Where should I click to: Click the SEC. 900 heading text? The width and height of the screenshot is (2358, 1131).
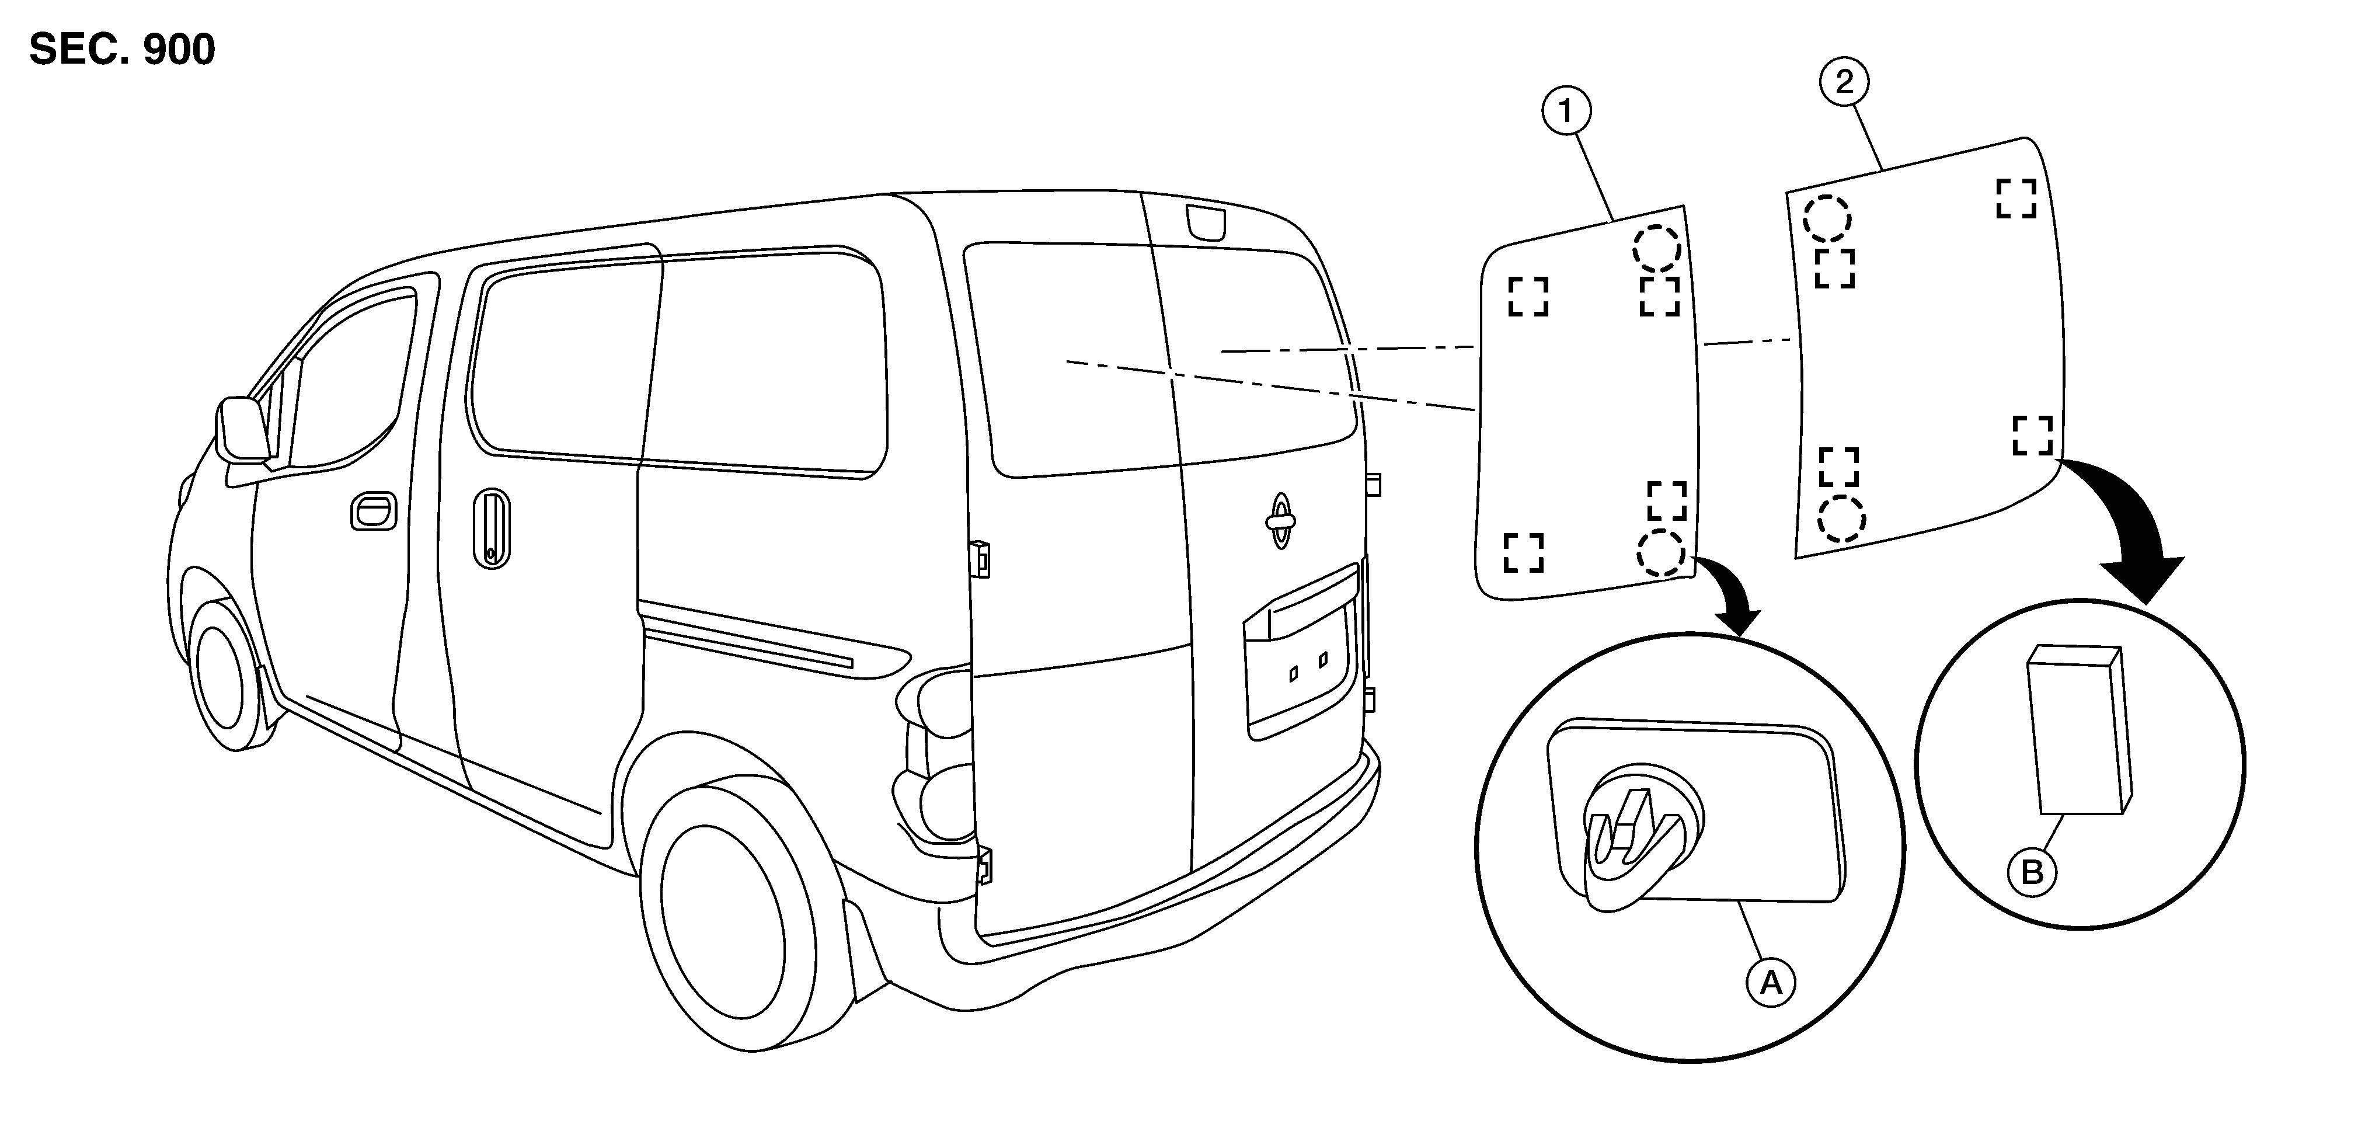point(123,50)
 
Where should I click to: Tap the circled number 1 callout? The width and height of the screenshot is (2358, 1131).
point(1566,112)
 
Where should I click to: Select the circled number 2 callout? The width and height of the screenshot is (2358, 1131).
point(1844,82)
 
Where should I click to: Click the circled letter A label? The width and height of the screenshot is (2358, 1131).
point(1771,983)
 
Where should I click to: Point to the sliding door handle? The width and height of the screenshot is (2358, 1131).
point(492,528)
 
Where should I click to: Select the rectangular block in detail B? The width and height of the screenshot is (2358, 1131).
point(2079,729)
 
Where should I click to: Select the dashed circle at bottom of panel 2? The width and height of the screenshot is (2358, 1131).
point(1841,519)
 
